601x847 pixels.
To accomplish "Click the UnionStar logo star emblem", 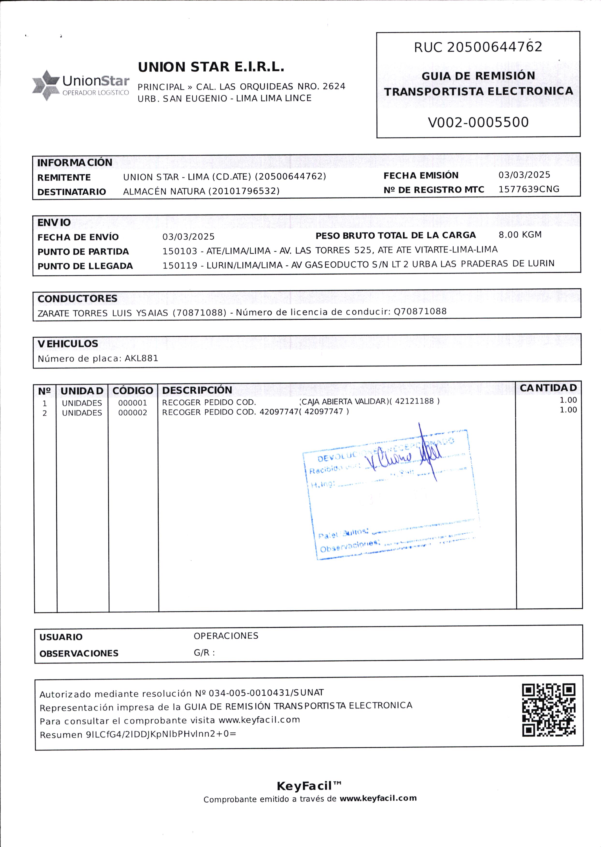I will [45, 85].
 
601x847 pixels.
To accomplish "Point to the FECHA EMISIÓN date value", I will [524, 175].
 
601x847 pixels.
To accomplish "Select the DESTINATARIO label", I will [72, 192].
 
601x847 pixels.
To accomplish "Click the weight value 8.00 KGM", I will [520, 235].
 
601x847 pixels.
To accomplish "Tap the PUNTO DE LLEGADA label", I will [85, 266].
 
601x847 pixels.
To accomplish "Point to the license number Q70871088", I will [420, 311].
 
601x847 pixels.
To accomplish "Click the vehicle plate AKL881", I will [141, 358].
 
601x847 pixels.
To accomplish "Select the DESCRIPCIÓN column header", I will [197, 390].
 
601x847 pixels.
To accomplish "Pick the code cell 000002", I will [132, 413].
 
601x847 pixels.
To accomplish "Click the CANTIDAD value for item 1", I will [568, 400].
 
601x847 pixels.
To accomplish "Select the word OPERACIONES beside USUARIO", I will [226, 636].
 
